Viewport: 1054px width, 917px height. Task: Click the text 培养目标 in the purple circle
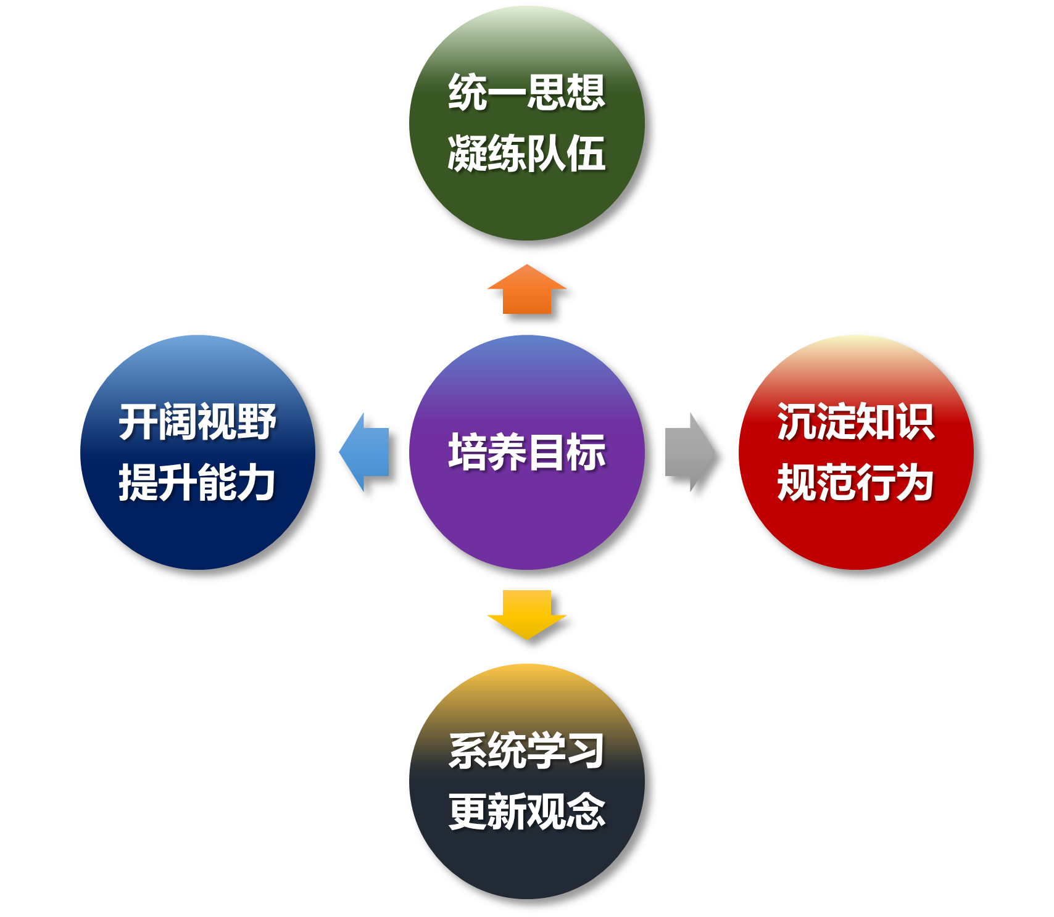pyautogui.click(x=526, y=452)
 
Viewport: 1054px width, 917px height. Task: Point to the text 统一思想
pyautogui.click(x=526, y=93)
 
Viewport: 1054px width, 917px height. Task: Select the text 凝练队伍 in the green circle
pyautogui.click(x=526, y=153)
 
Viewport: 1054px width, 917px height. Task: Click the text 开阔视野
pyautogui.click(x=197, y=422)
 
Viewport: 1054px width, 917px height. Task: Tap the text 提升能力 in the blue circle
pyautogui.click(x=197, y=483)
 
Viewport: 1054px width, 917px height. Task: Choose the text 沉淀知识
pyautogui.click(x=856, y=422)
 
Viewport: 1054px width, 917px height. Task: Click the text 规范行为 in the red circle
pyautogui.click(x=856, y=483)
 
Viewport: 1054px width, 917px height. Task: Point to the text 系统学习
pyautogui.click(x=526, y=751)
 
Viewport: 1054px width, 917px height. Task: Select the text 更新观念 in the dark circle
pyautogui.click(x=526, y=812)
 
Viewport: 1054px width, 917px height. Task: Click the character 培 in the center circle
pyautogui.click(x=468, y=452)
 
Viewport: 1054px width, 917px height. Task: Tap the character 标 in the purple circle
pyautogui.click(x=586, y=452)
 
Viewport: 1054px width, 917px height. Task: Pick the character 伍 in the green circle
pyautogui.click(x=586, y=153)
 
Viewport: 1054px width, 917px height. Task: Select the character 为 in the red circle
pyautogui.click(x=915, y=483)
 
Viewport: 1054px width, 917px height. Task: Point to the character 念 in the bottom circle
pyautogui.click(x=586, y=812)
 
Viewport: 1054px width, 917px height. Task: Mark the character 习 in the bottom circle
pyautogui.click(x=586, y=751)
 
